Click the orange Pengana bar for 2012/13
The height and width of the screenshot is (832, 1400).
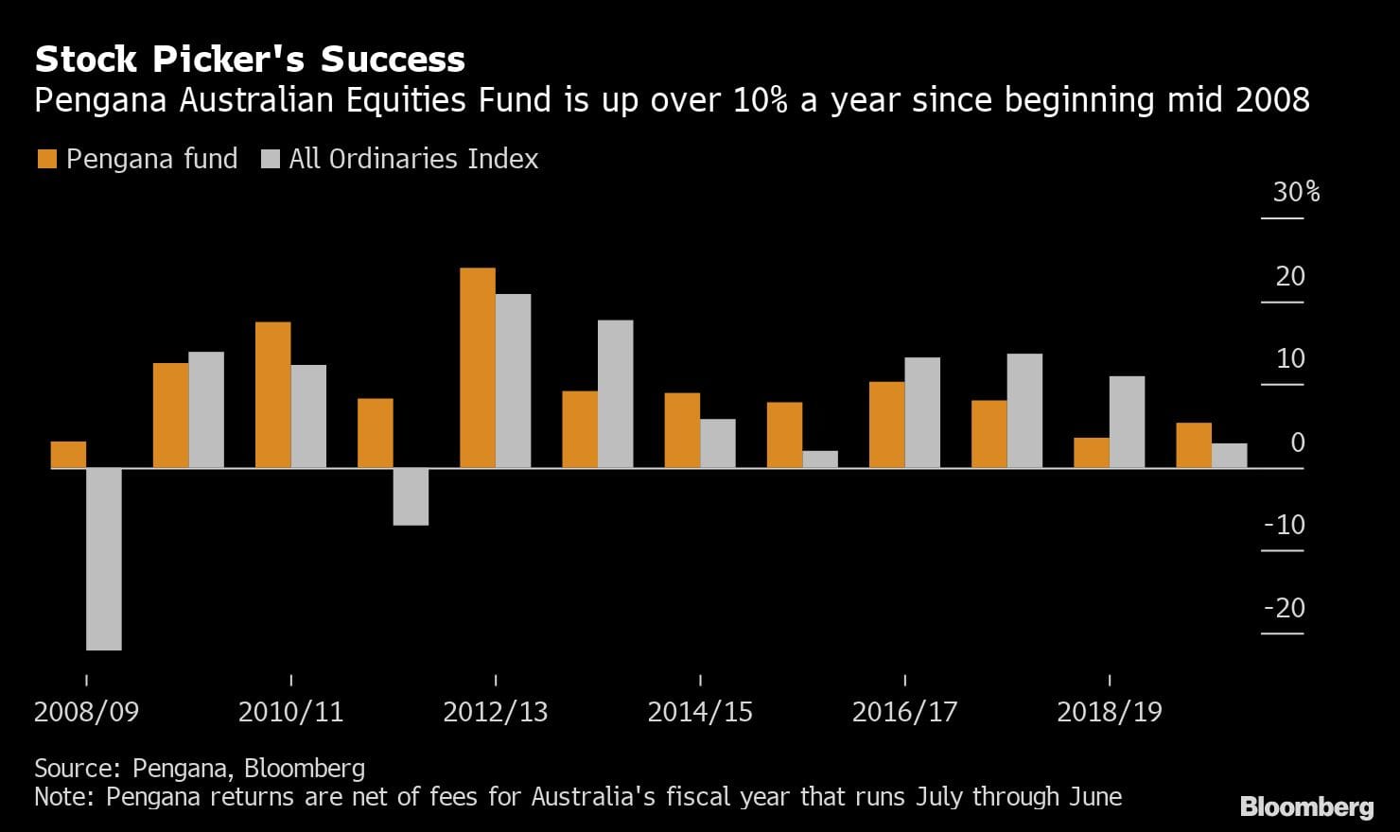tap(477, 368)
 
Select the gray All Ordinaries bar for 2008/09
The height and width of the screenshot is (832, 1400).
tap(104, 559)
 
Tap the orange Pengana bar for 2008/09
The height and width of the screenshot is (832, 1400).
tap(68, 455)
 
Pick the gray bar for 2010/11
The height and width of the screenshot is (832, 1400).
tap(308, 416)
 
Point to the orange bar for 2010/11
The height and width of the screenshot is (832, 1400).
tap(272, 395)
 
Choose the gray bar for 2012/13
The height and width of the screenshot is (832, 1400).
tap(513, 381)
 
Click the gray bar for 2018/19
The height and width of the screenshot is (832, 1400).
tap(1127, 422)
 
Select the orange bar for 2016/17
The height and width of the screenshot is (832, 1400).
tap(886, 425)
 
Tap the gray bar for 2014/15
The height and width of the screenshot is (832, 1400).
tap(717, 443)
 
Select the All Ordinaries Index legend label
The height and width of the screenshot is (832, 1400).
tap(413, 159)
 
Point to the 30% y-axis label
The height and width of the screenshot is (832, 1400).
tap(1296, 192)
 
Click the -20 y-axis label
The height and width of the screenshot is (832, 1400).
tap(1285, 608)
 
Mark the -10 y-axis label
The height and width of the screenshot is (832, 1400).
tap(1285, 525)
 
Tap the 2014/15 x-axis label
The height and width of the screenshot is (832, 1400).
tap(700, 712)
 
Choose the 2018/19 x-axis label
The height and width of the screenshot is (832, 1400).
tap(1109, 712)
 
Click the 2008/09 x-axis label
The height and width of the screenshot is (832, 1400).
tap(86, 712)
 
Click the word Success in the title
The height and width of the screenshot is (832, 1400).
tap(393, 60)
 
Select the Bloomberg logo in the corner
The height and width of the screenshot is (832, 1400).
tap(1306, 806)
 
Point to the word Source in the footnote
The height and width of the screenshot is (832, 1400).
tap(78, 768)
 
